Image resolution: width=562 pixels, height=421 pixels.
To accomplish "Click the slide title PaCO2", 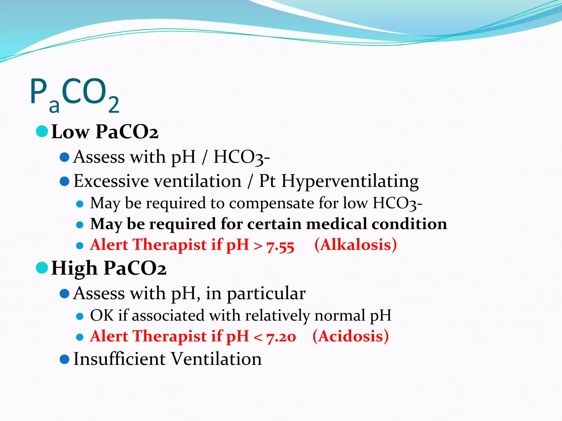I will tap(75, 95).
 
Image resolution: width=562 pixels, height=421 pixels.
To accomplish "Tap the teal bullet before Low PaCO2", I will tap(42, 131).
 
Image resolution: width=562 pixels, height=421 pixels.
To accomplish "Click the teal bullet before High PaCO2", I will tap(42, 268).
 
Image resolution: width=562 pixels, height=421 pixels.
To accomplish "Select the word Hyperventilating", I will tap(350, 181).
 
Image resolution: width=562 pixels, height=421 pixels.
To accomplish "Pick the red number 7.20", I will tap(281, 337).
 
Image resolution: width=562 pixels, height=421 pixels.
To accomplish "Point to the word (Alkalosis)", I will tap(355, 244).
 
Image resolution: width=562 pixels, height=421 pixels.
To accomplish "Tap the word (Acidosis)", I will tap(350, 336).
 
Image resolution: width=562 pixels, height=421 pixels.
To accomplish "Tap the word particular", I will tap(266, 294).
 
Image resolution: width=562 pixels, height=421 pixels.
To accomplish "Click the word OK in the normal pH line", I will tap(102, 315).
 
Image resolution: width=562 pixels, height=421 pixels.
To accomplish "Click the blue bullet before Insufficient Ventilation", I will tap(64, 359).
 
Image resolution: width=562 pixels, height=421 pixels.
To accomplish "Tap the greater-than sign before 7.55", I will tap(258, 246).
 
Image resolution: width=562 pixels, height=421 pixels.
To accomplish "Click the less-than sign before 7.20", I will tap(258, 337).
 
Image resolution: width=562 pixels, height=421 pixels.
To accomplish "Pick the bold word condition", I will tap(409, 224).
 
